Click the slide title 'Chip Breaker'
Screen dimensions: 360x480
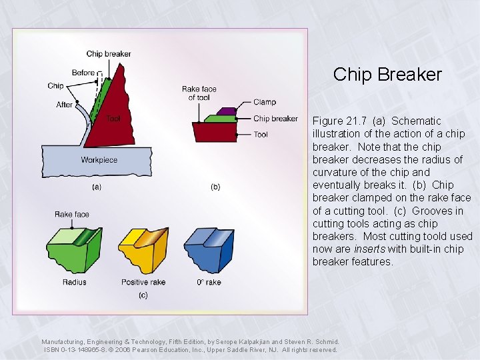tap(387, 74)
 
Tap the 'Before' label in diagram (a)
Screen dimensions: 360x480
tap(83, 73)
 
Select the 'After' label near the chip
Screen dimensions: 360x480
tap(65, 105)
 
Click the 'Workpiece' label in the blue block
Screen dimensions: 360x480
tap(99, 160)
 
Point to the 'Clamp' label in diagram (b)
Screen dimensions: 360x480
tap(264, 103)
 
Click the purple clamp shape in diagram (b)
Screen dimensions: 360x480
tap(227, 111)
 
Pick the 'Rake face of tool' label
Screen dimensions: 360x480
tap(199, 93)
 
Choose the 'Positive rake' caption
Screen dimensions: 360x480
tap(143, 282)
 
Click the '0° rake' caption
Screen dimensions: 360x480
tap(209, 282)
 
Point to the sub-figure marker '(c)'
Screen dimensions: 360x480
tap(143, 295)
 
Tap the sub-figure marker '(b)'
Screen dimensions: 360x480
tap(215, 187)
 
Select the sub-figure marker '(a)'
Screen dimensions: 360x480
tap(97, 187)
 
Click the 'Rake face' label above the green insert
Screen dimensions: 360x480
tap(72, 215)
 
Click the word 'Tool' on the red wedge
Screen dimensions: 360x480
tap(113, 119)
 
